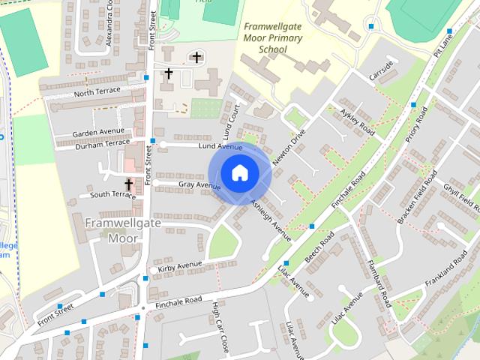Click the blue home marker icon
(239, 173)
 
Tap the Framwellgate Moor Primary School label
(272, 37)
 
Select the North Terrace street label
(97, 94)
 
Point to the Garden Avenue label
(97, 133)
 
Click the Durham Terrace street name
(103, 144)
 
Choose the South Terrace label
(112, 195)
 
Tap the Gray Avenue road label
(199, 184)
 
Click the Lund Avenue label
(220, 147)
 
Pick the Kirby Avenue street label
(180, 265)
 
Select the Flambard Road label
(379, 282)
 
